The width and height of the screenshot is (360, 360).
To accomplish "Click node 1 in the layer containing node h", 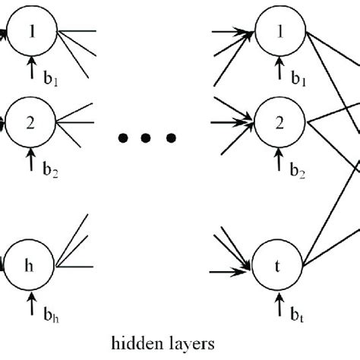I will pos(30,31).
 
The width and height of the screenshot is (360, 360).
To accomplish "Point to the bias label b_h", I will pos(50,314).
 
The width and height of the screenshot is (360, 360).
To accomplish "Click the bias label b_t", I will pos(297,314).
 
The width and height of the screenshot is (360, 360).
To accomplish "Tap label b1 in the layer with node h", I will pos(50,78).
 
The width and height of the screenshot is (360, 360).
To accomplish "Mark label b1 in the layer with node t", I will pos(297,78).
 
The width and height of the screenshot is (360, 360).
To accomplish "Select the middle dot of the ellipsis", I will pos(147,137).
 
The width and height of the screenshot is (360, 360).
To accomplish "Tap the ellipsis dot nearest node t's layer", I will pos(172,137).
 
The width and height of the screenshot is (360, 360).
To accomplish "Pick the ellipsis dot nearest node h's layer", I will pos(122,137).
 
